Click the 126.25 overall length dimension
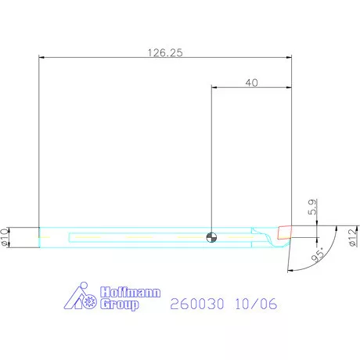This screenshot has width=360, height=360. coord(165,52)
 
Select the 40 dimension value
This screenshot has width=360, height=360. coord(252,83)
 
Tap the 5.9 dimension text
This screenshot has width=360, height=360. coord(312,207)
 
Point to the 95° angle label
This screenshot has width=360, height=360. coord(319,254)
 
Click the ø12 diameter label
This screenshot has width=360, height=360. coord(353,237)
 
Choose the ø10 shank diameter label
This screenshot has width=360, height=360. coord(5,237)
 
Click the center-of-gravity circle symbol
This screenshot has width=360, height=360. coord(211,237)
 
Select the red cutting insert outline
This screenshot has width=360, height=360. coord(284,232)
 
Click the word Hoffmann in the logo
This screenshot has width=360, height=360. coord(130,292)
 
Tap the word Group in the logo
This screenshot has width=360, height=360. coord(120,304)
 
